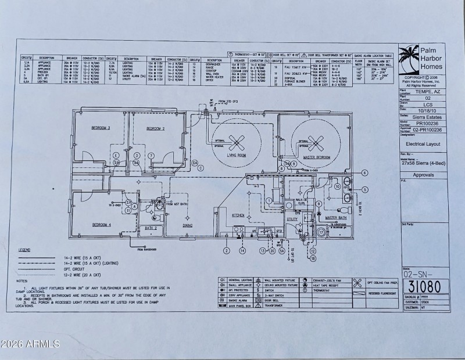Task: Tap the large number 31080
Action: pos(424,286)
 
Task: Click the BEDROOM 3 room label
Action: pos(101,127)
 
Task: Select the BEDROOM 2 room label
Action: pos(155,128)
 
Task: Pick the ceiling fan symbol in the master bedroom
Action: pos(316,142)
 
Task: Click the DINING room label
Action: pos(188,225)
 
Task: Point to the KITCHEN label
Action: pos(238,215)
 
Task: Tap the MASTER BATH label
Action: pos(336,218)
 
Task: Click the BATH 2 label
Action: pos(151,228)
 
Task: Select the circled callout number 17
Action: pos(320,232)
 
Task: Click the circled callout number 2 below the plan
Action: pos(227,250)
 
